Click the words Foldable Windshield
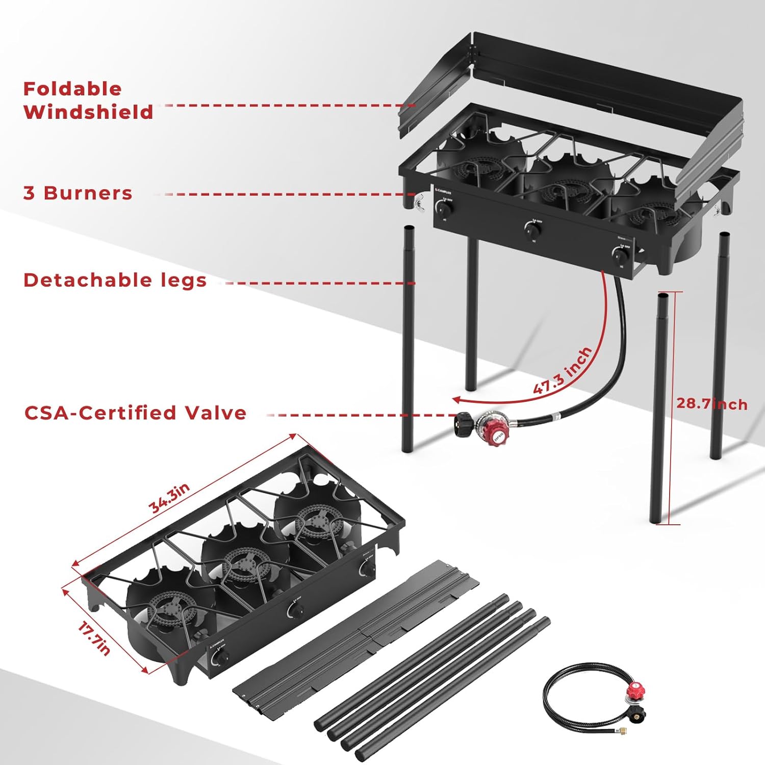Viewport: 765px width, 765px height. tap(88, 100)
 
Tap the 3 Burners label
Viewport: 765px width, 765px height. tap(78, 193)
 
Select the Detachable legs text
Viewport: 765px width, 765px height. tap(115, 280)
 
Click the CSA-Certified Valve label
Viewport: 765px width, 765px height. tap(135, 413)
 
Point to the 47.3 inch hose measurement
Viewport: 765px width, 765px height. tap(563, 371)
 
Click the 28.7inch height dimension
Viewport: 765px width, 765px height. tap(712, 403)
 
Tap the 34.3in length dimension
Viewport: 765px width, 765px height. tap(169, 497)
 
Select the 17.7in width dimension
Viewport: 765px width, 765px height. tap(94, 637)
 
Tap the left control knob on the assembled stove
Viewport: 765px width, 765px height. tap(444, 209)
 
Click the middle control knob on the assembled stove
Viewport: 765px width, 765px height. tap(532, 231)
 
